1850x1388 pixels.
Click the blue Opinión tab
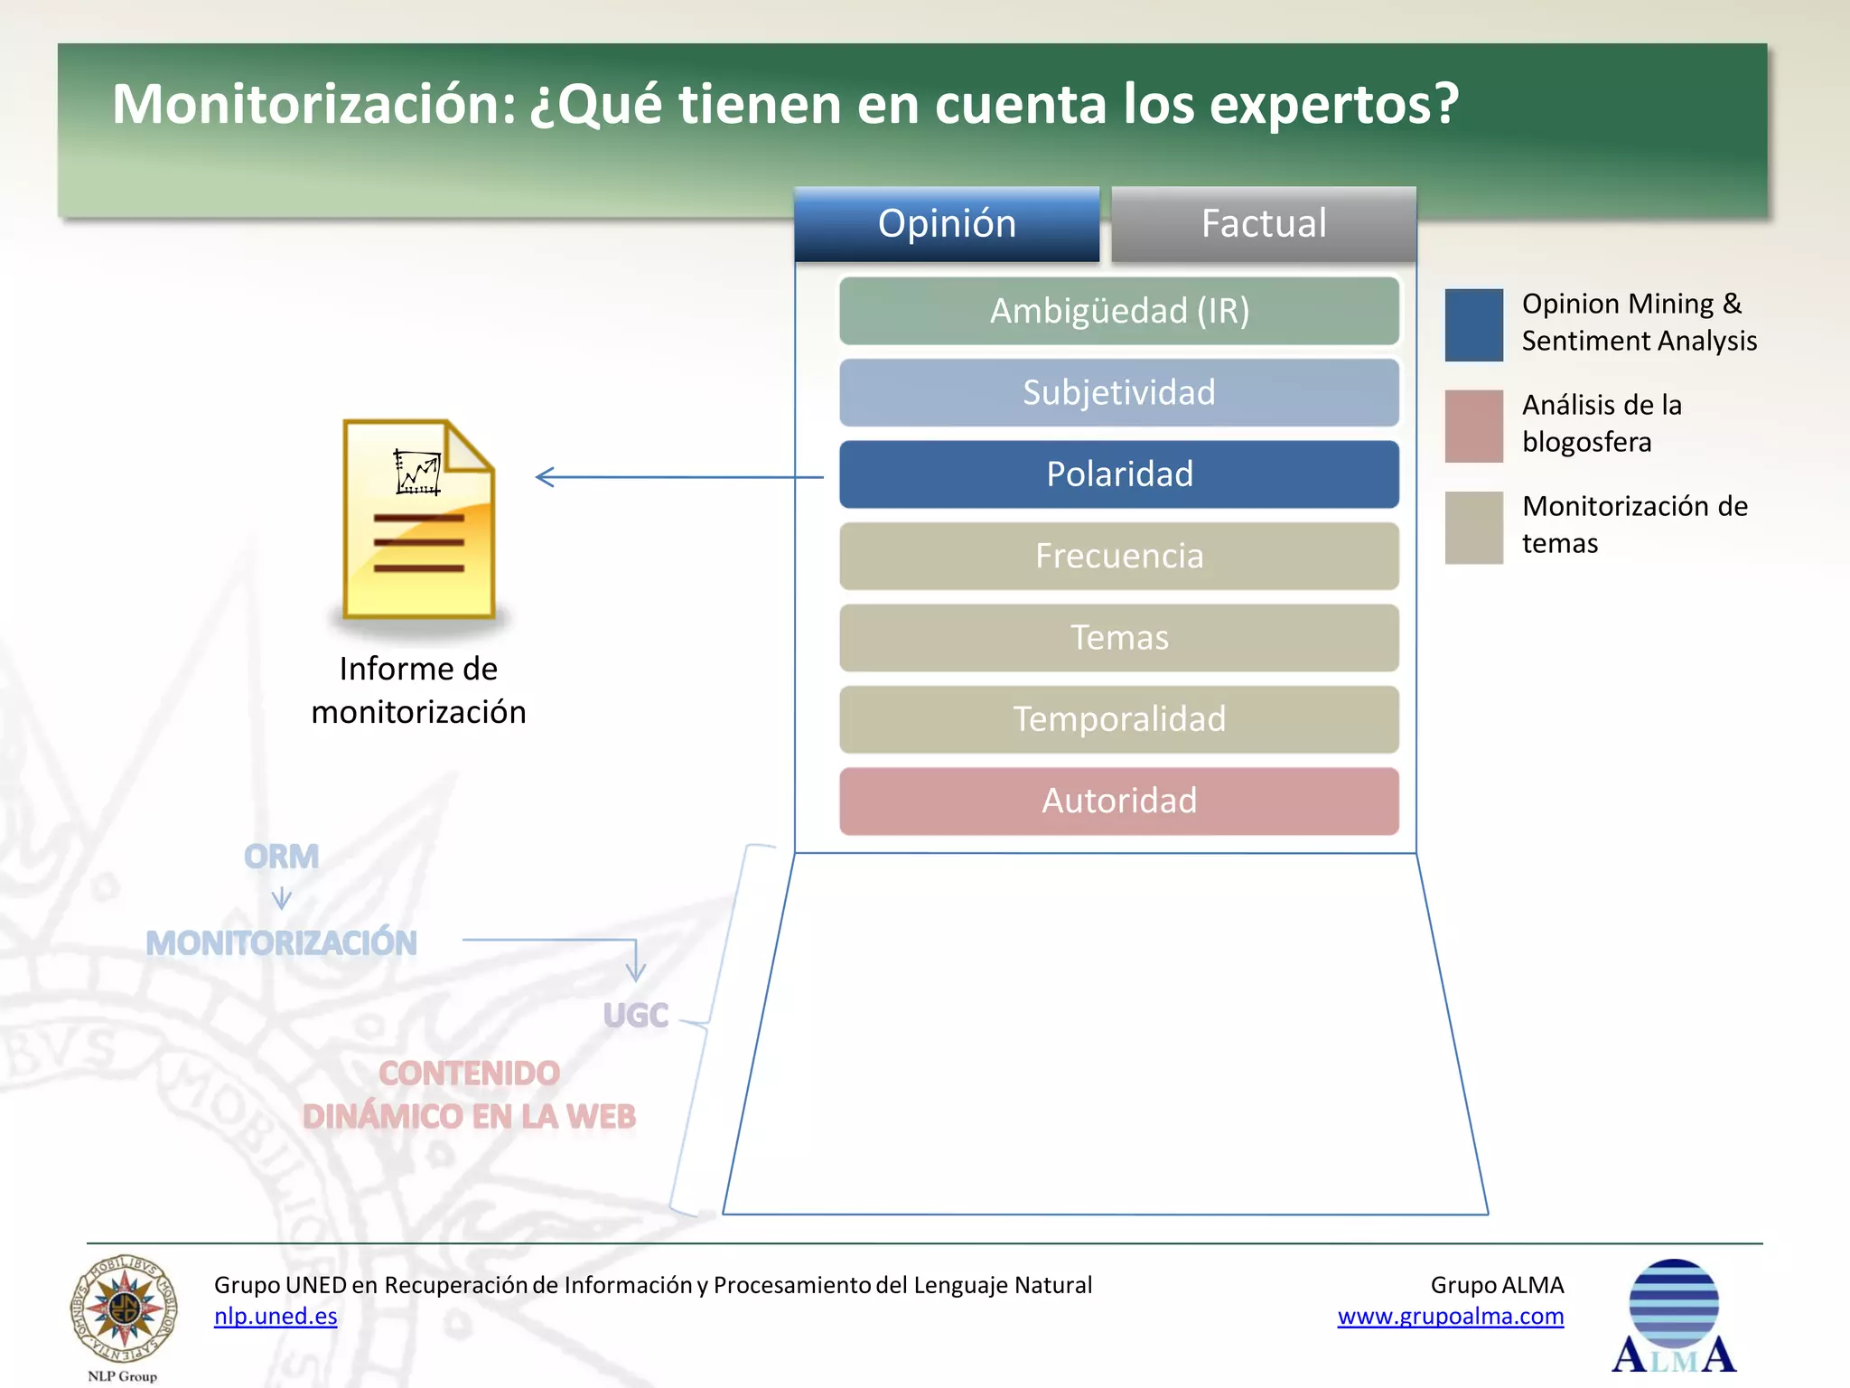(947, 224)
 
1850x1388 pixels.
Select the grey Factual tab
(1263, 224)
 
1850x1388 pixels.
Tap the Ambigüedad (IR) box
(1119, 311)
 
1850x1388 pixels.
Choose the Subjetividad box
(1119, 392)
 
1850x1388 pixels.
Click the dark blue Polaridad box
(1119, 474)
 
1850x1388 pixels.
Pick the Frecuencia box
(1119, 556)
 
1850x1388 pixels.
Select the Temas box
(1119, 638)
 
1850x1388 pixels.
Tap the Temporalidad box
(1119, 719)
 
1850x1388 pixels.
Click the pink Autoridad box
(1119, 801)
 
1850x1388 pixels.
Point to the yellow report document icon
(418, 520)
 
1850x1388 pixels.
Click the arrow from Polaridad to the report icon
(678, 477)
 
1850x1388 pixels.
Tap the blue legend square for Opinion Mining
(1473, 325)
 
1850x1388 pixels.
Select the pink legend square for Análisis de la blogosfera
(1473, 426)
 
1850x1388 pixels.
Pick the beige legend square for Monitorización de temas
(1473, 528)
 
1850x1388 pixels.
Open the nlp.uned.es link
(276, 1317)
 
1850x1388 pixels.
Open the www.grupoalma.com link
(1450, 1317)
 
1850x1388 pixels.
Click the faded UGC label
(636, 1016)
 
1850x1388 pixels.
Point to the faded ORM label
(281, 857)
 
